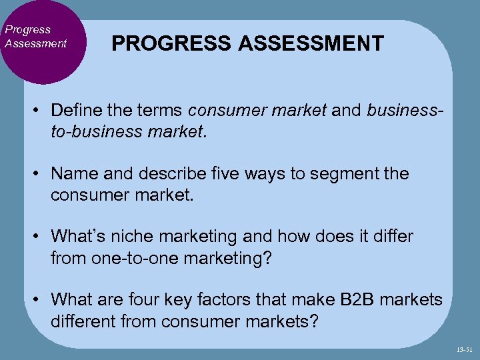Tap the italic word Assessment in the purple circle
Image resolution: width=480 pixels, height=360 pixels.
coord(35,43)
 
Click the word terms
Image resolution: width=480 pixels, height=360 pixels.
coord(163,110)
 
